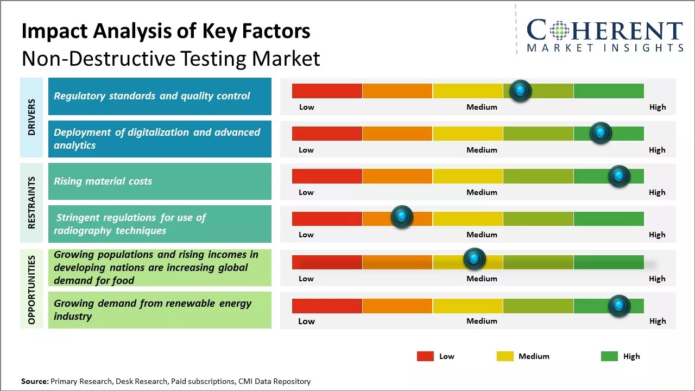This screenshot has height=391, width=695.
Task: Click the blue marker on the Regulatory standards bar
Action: coord(521,91)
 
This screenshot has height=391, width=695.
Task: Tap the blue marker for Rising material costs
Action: coord(618,176)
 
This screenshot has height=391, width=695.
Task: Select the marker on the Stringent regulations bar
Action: coord(402,217)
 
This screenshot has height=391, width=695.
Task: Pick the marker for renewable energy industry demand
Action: coord(618,306)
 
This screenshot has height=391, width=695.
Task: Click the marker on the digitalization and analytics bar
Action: coord(601,133)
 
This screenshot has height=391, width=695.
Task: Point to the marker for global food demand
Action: coord(474,258)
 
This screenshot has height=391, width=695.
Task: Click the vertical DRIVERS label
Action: coord(31,117)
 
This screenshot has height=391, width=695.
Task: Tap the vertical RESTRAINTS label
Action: coord(31,203)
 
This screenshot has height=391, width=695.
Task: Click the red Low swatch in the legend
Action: coord(425,356)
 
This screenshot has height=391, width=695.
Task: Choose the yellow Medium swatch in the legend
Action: coord(505,356)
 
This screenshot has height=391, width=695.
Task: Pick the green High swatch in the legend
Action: coord(609,356)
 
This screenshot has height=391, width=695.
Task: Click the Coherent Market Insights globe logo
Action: coord(560,30)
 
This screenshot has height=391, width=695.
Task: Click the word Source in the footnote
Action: coord(34,381)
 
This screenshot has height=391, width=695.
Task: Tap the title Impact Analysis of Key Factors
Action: coord(166,31)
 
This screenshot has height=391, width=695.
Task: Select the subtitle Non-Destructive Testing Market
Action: coord(170,58)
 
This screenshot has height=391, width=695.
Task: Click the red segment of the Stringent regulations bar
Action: coord(327,219)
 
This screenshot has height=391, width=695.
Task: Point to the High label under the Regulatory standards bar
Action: coord(657,107)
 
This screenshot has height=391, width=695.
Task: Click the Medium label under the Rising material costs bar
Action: coord(482,192)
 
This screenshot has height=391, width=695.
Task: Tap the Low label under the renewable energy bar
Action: coord(306,321)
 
